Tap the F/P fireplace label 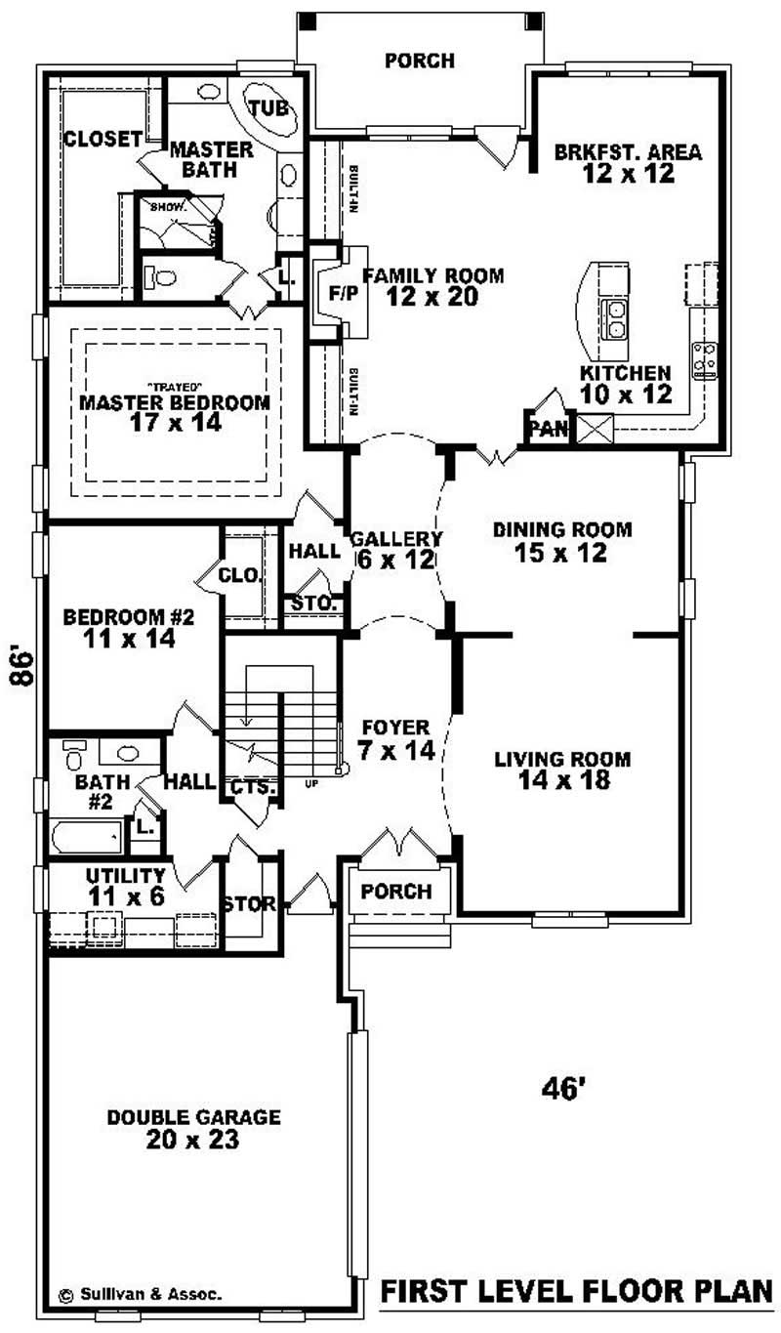coord(343,292)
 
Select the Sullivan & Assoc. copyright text coord(140,1294)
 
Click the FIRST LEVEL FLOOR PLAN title coord(576,1292)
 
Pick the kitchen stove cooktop coord(704,360)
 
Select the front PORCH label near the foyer coord(396,892)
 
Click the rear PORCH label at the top coord(419,61)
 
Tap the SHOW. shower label coord(161,207)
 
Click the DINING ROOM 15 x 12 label coord(562,541)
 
